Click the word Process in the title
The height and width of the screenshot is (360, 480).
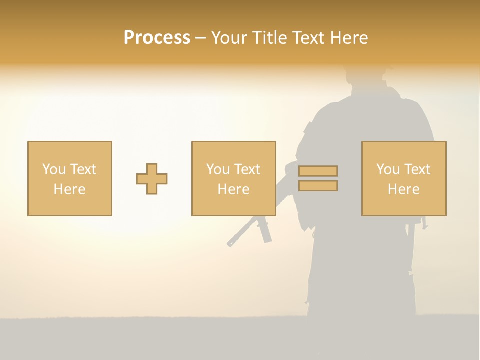click(x=157, y=38)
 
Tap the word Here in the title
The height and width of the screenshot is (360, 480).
click(x=349, y=38)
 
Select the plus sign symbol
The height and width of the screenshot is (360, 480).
click(x=152, y=179)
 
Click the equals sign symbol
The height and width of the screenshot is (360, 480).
click(x=318, y=178)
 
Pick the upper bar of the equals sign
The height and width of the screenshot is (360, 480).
click(x=318, y=171)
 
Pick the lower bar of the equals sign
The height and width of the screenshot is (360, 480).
click(x=318, y=186)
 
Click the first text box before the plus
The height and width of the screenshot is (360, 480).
click(x=70, y=178)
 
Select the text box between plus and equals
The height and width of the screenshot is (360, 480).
click(x=234, y=178)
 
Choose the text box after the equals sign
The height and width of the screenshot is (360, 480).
click(x=404, y=178)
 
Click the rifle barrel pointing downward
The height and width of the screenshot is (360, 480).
click(x=239, y=234)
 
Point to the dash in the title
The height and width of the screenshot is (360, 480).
click(x=201, y=38)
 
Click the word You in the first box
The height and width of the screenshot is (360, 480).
click(x=54, y=169)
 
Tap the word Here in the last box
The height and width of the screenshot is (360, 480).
click(x=404, y=189)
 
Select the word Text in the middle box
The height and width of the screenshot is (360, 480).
click(x=248, y=169)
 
